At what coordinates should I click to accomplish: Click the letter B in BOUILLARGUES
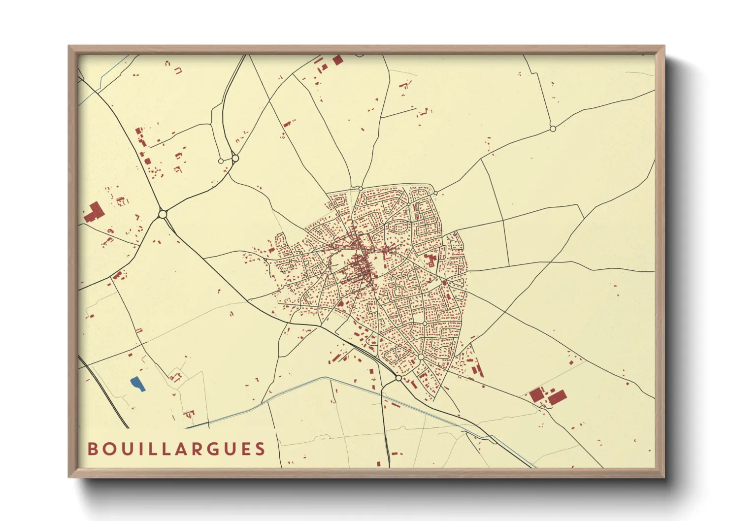[92, 449]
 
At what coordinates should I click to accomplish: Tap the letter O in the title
[108, 449]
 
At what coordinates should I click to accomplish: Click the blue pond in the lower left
[137, 384]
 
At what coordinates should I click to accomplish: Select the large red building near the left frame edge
[93, 212]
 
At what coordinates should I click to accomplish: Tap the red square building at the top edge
[338, 60]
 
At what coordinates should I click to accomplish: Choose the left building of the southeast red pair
[536, 394]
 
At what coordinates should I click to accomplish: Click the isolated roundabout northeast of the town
[553, 129]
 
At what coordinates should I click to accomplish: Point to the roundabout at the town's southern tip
[398, 378]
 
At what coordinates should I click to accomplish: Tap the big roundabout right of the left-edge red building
[163, 214]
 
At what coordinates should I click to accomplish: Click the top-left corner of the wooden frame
[69, 47]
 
